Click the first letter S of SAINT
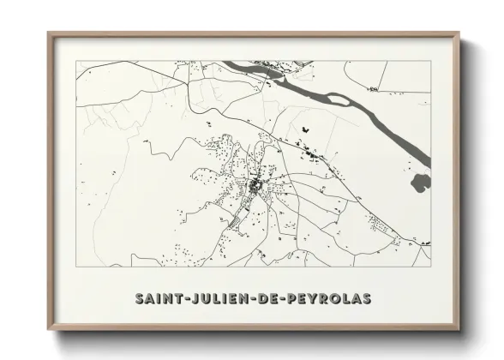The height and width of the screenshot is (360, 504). tap(140, 299)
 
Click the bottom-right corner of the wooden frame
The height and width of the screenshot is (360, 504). tap(459, 330)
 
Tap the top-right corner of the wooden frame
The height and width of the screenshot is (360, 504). tap(459, 33)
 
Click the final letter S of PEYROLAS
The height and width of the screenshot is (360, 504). tap(367, 299)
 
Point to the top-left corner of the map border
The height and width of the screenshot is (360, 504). tap(76, 61)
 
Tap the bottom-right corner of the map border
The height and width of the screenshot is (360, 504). tap(430, 267)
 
